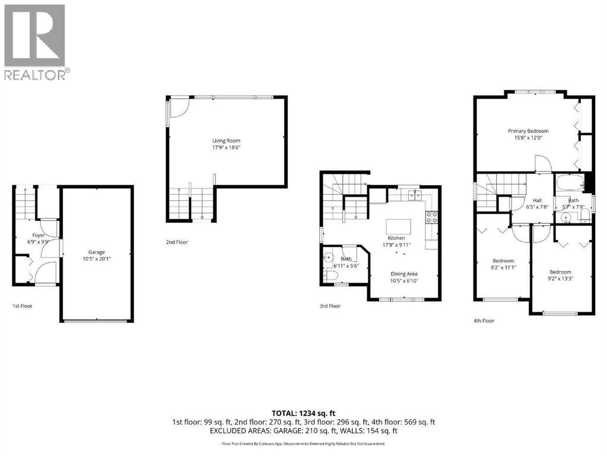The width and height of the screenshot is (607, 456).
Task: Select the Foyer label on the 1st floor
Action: (39, 236)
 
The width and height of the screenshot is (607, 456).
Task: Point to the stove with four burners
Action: (432, 217)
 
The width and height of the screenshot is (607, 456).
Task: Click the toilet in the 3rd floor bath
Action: (331, 274)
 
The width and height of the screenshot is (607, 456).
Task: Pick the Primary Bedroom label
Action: (527, 131)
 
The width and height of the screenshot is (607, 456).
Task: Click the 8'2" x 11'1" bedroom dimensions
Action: (503, 268)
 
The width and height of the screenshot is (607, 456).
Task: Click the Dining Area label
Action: (403, 274)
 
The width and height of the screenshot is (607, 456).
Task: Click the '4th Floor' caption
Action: (484, 321)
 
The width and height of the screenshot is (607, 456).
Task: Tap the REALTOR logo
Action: (36, 42)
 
